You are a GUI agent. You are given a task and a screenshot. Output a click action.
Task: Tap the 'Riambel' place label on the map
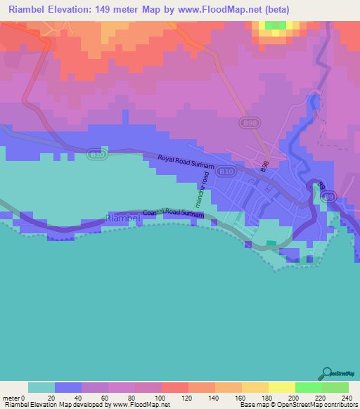(x=124, y=219)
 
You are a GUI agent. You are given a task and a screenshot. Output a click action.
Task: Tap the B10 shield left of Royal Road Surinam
(x=98, y=153)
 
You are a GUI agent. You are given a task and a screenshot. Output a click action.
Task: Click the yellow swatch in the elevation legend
(x=281, y=387)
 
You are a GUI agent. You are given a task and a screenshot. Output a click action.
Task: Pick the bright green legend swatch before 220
(x=308, y=387)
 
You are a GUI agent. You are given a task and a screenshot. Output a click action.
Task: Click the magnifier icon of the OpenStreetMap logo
(x=326, y=372)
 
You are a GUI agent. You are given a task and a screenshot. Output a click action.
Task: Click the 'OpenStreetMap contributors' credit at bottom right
(x=317, y=405)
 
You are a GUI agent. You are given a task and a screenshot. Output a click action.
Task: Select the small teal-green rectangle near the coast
(x=271, y=244)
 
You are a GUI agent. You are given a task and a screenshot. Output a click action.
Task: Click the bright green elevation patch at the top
(x=276, y=25)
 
